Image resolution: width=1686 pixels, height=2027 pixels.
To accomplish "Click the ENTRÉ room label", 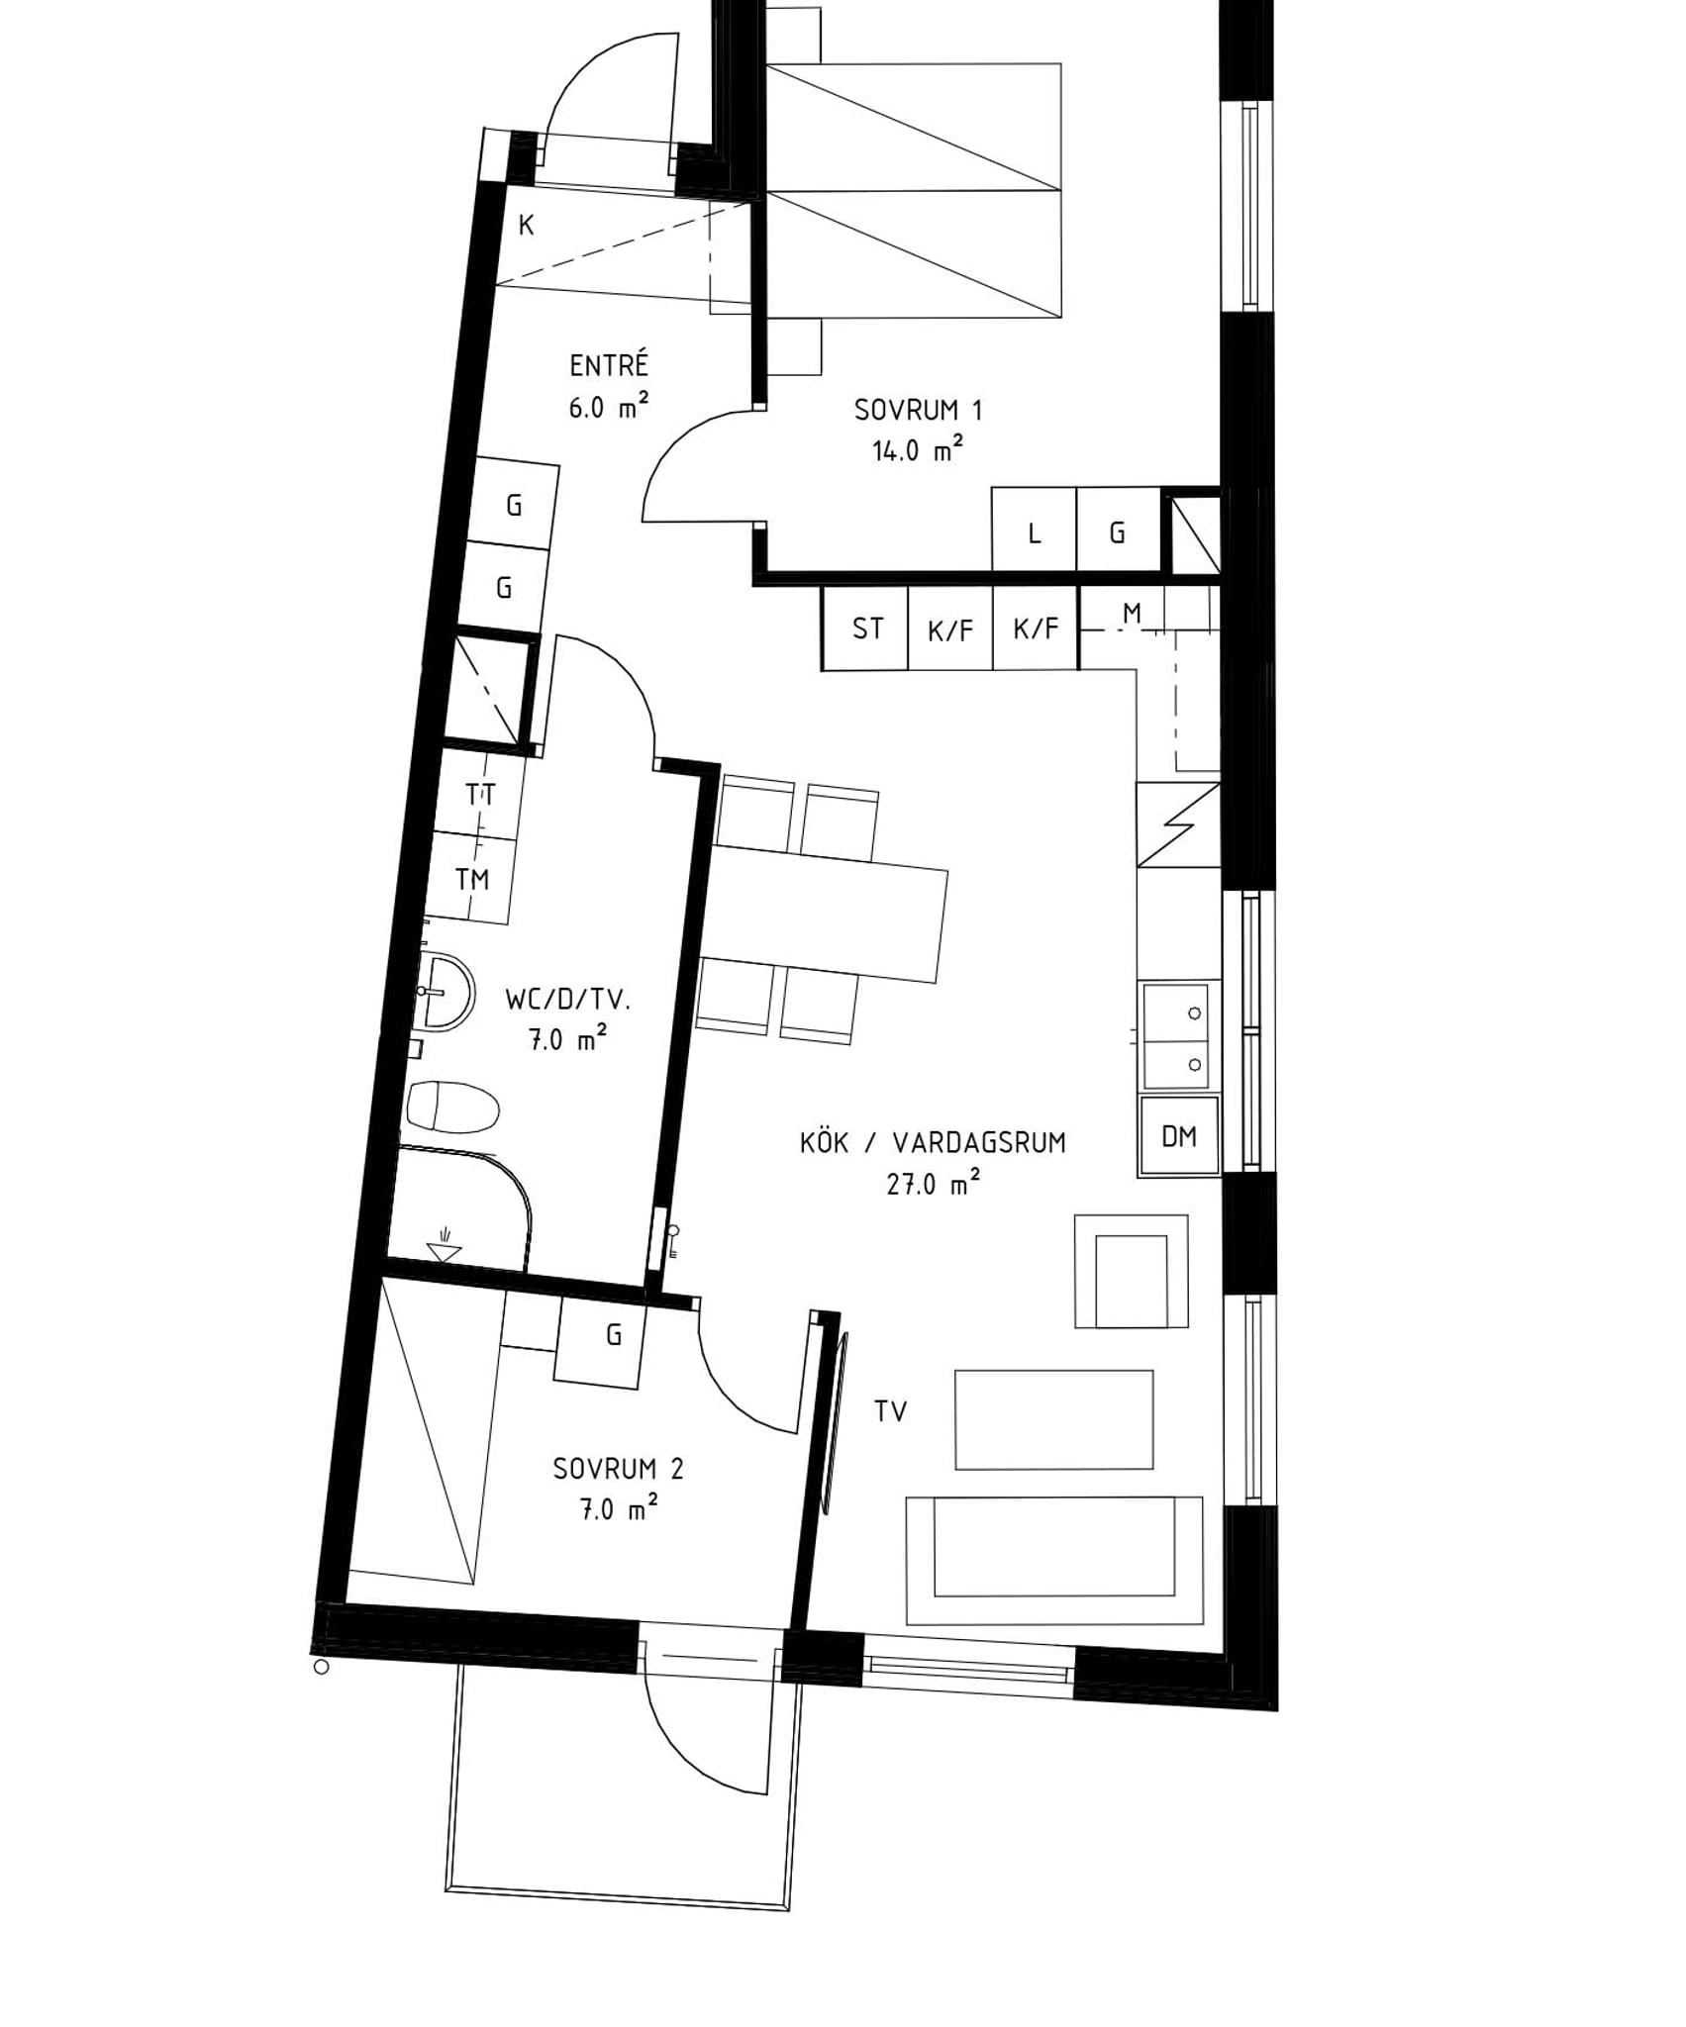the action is click(609, 365).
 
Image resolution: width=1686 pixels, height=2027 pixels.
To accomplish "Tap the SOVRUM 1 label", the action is click(918, 410).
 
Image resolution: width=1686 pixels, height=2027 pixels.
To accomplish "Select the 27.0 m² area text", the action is click(934, 1183).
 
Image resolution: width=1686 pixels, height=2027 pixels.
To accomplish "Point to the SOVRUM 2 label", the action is click(618, 1469).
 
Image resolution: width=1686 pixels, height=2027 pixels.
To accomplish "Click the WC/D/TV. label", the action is click(567, 1000).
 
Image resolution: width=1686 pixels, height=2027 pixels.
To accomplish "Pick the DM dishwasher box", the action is click(1179, 1136).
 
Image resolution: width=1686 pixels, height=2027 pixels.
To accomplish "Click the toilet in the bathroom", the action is click(452, 1108).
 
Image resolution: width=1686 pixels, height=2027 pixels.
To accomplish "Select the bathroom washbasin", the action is click(445, 991).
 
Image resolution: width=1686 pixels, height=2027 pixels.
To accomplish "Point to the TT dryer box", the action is click(480, 794).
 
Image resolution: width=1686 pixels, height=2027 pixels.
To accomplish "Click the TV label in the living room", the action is click(890, 1411).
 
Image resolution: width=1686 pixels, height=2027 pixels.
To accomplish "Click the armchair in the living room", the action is click(1131, 1271).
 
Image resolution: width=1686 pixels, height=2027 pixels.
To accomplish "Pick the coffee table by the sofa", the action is click(1053, 1419).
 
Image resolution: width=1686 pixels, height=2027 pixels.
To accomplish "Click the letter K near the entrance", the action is click(527, 226).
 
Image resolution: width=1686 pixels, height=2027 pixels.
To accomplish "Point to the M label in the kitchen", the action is click(1132, 614).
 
